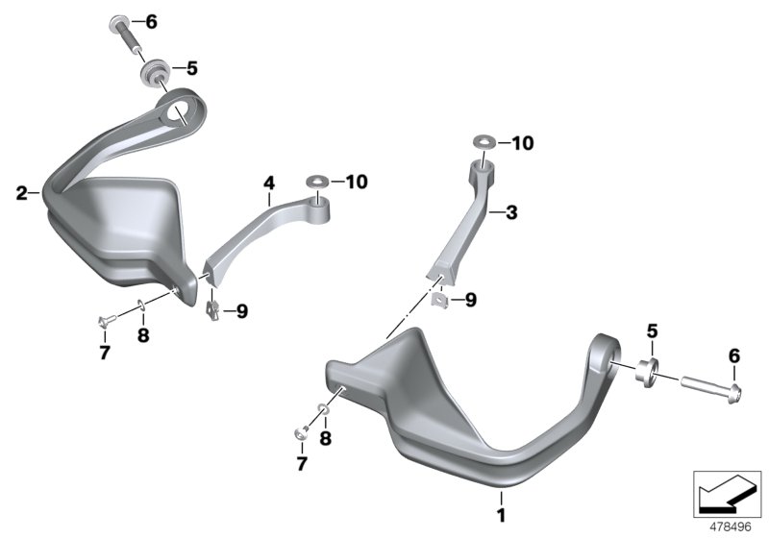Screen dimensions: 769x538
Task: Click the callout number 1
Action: (x=501, y=516)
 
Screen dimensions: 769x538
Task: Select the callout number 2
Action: (x=21, y=193)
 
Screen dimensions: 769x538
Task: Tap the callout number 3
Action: (x=511, y=212)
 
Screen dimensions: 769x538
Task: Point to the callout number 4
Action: (x=269, y=183)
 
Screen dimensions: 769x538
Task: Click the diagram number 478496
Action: (x=731, y=527)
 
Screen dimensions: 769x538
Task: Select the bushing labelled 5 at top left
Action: (x=155, y=72)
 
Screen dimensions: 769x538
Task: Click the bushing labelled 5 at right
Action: (x=647, y=373)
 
